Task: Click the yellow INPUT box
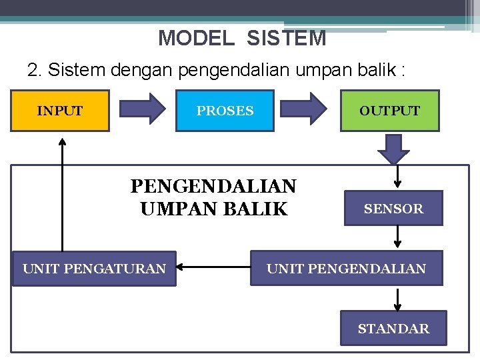[60, 111]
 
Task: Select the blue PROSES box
[225, 111]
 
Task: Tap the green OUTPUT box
[390, 111]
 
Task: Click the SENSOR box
[393, 209]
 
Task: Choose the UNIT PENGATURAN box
[94, 269]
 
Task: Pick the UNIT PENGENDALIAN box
[346, 269]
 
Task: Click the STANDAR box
[393, 328]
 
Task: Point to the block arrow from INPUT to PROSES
[141, 108]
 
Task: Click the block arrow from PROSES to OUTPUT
[306, 108]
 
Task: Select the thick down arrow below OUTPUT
[393, 148]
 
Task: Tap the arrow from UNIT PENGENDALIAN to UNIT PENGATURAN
[213, 269]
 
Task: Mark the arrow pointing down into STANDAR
[398, 299]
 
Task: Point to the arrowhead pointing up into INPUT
[62, 141]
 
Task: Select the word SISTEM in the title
[286, 38]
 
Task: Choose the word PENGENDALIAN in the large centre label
[213, 185]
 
